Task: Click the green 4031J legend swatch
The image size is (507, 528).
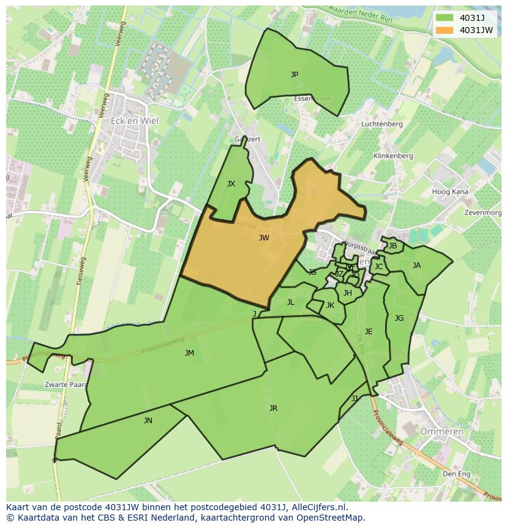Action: point(445,18)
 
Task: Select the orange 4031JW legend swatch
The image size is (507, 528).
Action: point(445,30)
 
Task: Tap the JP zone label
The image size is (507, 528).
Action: point(295,75)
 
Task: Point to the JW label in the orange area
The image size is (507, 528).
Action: point(264,238)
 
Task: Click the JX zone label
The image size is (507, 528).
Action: point(231,184)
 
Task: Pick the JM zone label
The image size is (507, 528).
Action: point(189,353)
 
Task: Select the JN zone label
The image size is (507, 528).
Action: point(148,421)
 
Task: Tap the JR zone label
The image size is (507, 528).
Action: point(273,408)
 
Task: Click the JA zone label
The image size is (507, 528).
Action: point(416,266)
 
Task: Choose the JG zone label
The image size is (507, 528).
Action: point(399,318)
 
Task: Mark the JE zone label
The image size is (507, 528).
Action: point(369,332)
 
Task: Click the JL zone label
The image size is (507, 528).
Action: point(291,302)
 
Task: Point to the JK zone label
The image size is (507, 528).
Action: point(330,305)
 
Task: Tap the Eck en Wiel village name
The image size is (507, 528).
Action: point(134,121)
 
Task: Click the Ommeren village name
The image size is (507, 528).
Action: point(441,432)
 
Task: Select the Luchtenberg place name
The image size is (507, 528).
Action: point(382,124)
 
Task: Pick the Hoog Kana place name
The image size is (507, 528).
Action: point(450,192)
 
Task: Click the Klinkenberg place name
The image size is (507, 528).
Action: point(393,156)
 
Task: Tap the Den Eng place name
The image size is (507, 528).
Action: point(456,474)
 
